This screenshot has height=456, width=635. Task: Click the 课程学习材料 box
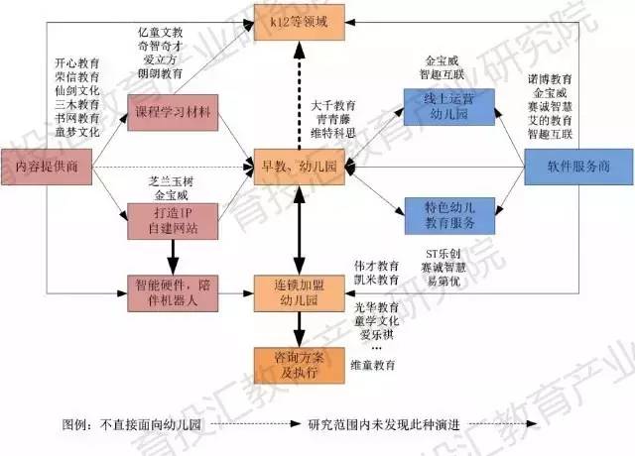pos(171,112)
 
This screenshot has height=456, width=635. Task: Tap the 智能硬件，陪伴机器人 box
pos(171,289)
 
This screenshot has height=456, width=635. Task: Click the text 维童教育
pos(375,364)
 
